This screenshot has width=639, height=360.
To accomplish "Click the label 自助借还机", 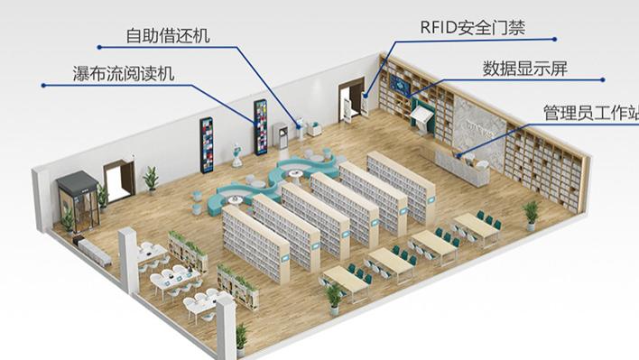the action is coord(168,37).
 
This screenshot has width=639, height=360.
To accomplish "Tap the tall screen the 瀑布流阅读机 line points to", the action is coord(261,126).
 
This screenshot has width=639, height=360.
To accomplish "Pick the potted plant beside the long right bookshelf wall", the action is coord(531,215).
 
